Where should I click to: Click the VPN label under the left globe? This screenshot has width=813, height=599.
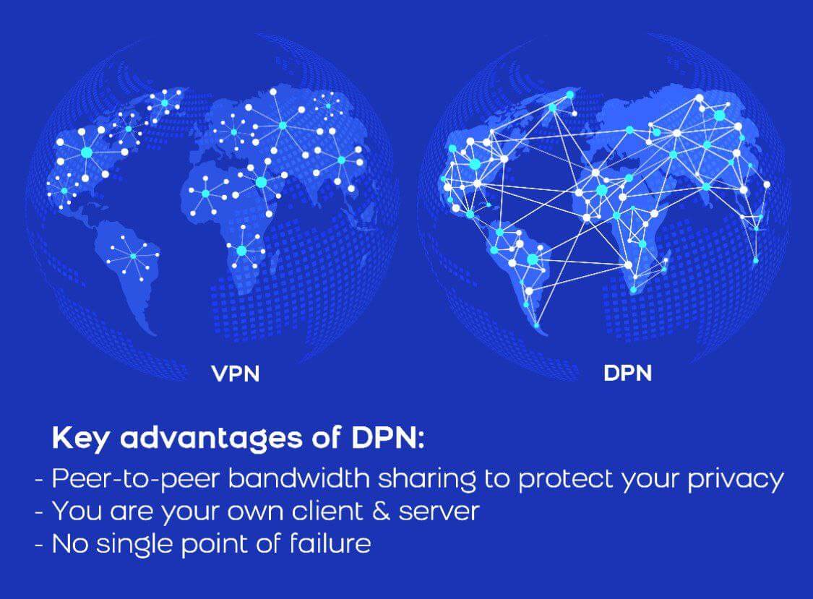point(235,374)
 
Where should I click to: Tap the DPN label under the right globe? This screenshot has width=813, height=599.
point(627,374)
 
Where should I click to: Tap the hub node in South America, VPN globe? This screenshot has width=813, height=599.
point(134,255)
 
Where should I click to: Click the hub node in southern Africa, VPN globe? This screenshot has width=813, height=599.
point(241,250)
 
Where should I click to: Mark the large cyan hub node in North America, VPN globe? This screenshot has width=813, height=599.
point(87,152)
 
